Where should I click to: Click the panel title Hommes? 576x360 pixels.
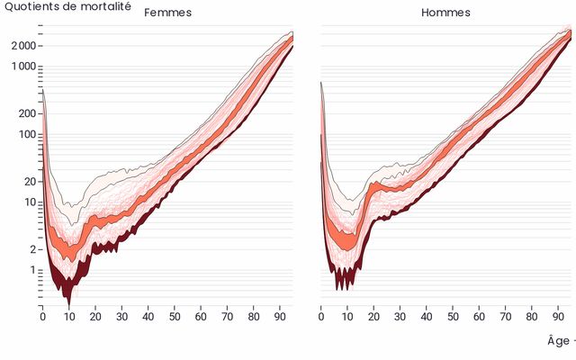click(x=445, y=13)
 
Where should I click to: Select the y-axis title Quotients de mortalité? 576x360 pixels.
click(x=68, y=6)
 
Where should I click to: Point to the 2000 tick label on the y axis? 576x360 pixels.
click(x=23, y=46)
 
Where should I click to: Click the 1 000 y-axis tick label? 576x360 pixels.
click(x=22, y=67)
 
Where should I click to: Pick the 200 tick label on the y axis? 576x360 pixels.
click(x=26, y=113)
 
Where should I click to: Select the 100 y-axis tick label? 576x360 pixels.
click(x=26, y=134)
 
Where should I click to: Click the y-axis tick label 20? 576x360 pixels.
click(x=29, y=181)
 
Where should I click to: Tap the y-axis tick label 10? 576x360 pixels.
click(x=29, y=202)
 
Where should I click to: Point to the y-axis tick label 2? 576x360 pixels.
click(x=31, y=249)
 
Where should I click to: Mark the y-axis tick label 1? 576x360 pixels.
click(x=31, y=270)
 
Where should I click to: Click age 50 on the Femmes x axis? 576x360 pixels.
click(x=175, y=317)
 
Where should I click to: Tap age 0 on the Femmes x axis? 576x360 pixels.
click(x=42, y=317)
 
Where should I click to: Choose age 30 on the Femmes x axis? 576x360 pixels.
click(x=121, y=317)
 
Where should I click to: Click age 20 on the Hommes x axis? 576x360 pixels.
click(x=373, y=317)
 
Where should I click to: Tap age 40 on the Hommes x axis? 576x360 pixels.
click(x=427, y=317)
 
